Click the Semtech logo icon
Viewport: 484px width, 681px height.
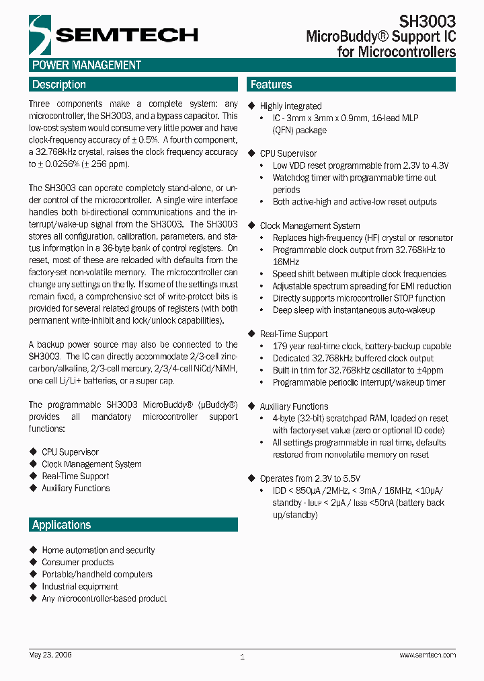[x=40, y=34]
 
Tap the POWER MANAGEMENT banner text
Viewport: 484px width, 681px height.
[x=87, y=65]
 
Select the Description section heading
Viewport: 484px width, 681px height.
[x=59, y=85]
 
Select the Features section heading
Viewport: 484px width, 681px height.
[x=271, y=85]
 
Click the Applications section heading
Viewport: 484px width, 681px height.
[x=61, y=525]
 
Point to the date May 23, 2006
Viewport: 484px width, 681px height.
[x=50, y=655]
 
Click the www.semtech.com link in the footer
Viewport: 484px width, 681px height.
[x=428, y=655]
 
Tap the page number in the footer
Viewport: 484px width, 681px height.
[x=242, y=656]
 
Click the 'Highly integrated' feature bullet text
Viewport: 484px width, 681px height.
[x=290, y=106]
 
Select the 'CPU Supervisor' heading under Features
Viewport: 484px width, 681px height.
[x=288, y=153]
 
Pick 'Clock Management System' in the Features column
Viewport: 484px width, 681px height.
[x=309, y=226]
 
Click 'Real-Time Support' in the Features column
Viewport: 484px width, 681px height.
[x=294, y=334]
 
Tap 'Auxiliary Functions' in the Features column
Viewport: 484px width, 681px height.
[x=294, y=407]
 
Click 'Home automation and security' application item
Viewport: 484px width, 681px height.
[x=98, y=550]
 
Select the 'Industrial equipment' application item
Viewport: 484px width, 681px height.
[x=79, y=587]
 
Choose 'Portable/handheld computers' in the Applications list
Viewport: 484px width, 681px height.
[x=97, y=575]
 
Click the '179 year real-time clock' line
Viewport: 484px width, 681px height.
[x=362, y=347]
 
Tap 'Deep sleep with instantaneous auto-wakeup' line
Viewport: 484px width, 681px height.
[x=354, y=310]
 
